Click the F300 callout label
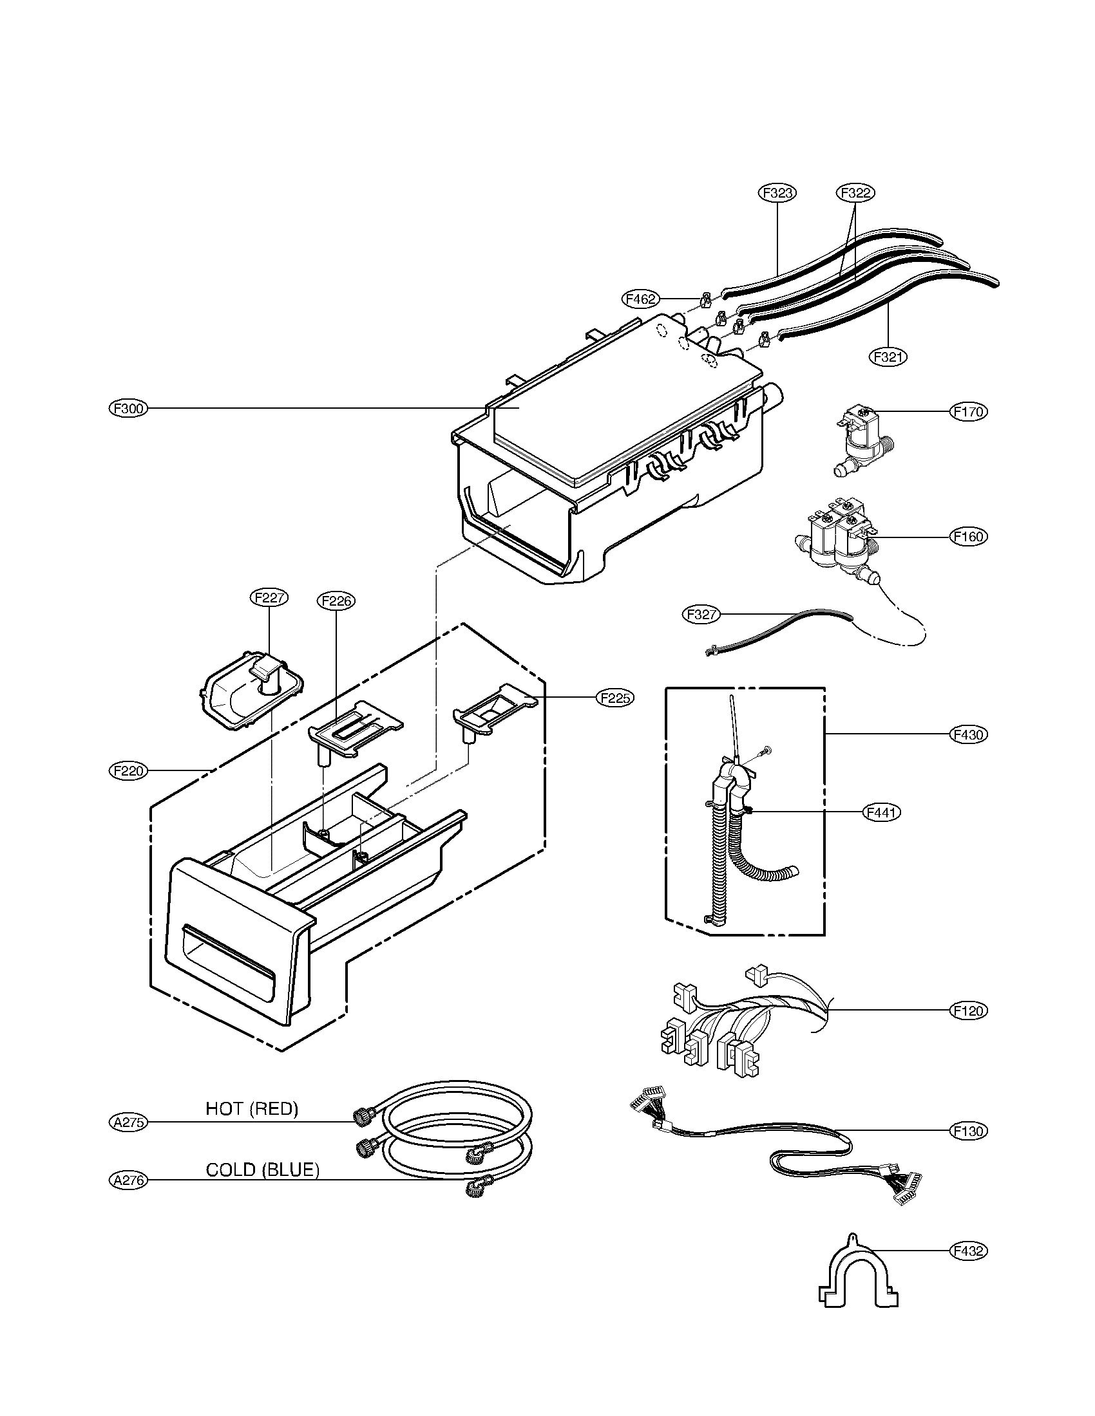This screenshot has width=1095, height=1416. point(128,409)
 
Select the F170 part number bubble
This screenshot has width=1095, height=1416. point(968,411)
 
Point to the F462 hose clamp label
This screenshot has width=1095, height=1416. point(641,299)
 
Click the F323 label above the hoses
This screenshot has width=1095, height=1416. point(777,192)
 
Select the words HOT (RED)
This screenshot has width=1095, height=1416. point(252,1109)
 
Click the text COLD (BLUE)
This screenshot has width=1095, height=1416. point(262,1169)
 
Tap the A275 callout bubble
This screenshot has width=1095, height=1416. point(128,1123)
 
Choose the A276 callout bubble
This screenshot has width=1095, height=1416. point(128,1180)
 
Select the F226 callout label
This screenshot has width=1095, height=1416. point(337,601)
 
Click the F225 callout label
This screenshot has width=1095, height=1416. point(615,698)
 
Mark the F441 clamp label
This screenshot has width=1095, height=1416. point(882,812)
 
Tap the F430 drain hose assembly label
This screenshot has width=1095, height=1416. point(968,734)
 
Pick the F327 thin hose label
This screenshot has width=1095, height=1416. point(701,614)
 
